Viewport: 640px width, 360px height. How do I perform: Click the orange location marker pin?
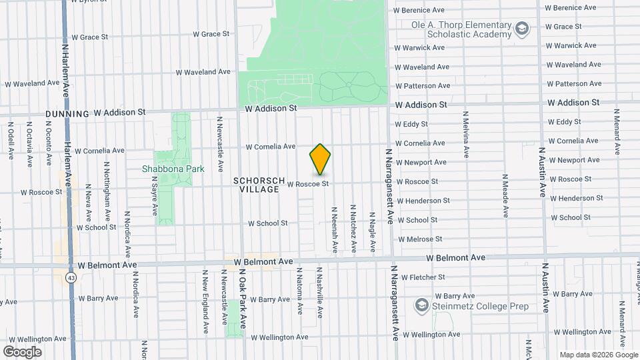click(320, 159)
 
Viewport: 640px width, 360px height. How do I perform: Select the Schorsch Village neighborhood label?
click(259, 185)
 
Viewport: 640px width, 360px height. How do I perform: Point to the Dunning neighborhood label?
click(67, 114)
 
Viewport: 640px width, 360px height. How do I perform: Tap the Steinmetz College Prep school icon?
click(421, 306)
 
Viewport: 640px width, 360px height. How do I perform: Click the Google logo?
click(22, 351)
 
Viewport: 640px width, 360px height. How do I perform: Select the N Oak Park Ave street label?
click(243, 299)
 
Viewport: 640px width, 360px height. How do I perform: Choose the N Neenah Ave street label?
click(334, 228)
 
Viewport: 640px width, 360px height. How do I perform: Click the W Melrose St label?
click(420, 239)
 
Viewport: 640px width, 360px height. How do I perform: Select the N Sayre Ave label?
click(154, 196)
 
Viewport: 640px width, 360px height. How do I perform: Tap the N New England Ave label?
click(205, 301)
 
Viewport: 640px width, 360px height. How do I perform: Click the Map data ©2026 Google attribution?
click(597, 355)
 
